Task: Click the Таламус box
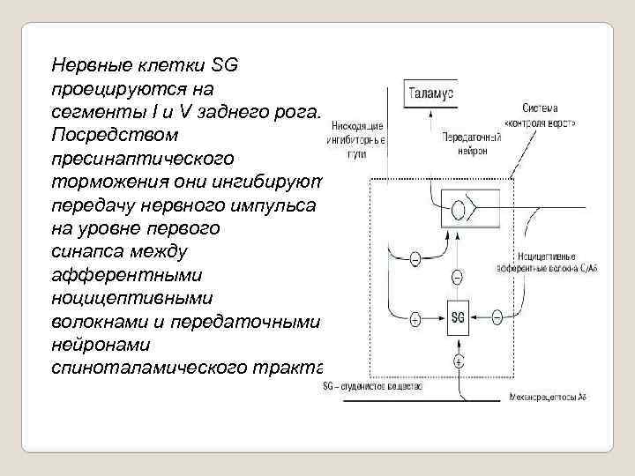tap(430, 93)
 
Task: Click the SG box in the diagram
tap(458, 316)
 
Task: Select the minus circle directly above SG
tap(458, 278)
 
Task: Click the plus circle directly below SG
tap(458, 361)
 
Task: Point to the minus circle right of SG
tap(497, 316)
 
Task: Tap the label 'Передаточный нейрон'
tap(471, 144)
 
